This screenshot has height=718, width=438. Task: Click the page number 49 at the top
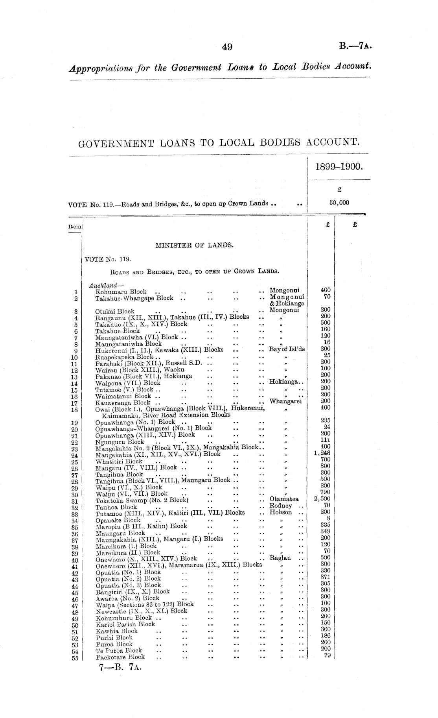pyautogui.click(x=227, y=48)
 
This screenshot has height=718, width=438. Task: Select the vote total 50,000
pyautogui.click(x=339, y=203)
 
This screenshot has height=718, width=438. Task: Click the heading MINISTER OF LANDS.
pyautogui.click(x=195, y=245)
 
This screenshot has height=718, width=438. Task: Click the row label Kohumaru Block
pyautogui.click(x=121, y=292)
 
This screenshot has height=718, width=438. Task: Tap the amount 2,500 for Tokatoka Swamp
pyautogui.click(x=322, y=499)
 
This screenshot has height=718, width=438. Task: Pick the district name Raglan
pyautogui.click(x=280, y=558)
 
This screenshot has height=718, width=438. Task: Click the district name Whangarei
pyautogui.click(x=285, y=401)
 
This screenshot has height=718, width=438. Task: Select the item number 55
pyautogui.click(x=75, y=659)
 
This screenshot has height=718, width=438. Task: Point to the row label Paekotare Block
pyautogui.click(x=120, y=657)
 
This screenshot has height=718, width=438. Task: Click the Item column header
pyautogui.click(x=75, y=227)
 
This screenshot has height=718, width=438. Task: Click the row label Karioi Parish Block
pyautogui.click(x=125, y=624)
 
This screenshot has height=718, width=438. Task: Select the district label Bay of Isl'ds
pyautogui.click(x=287, y=349)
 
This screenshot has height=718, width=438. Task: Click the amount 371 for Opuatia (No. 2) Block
pyautogui.click(x=325, y=577)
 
